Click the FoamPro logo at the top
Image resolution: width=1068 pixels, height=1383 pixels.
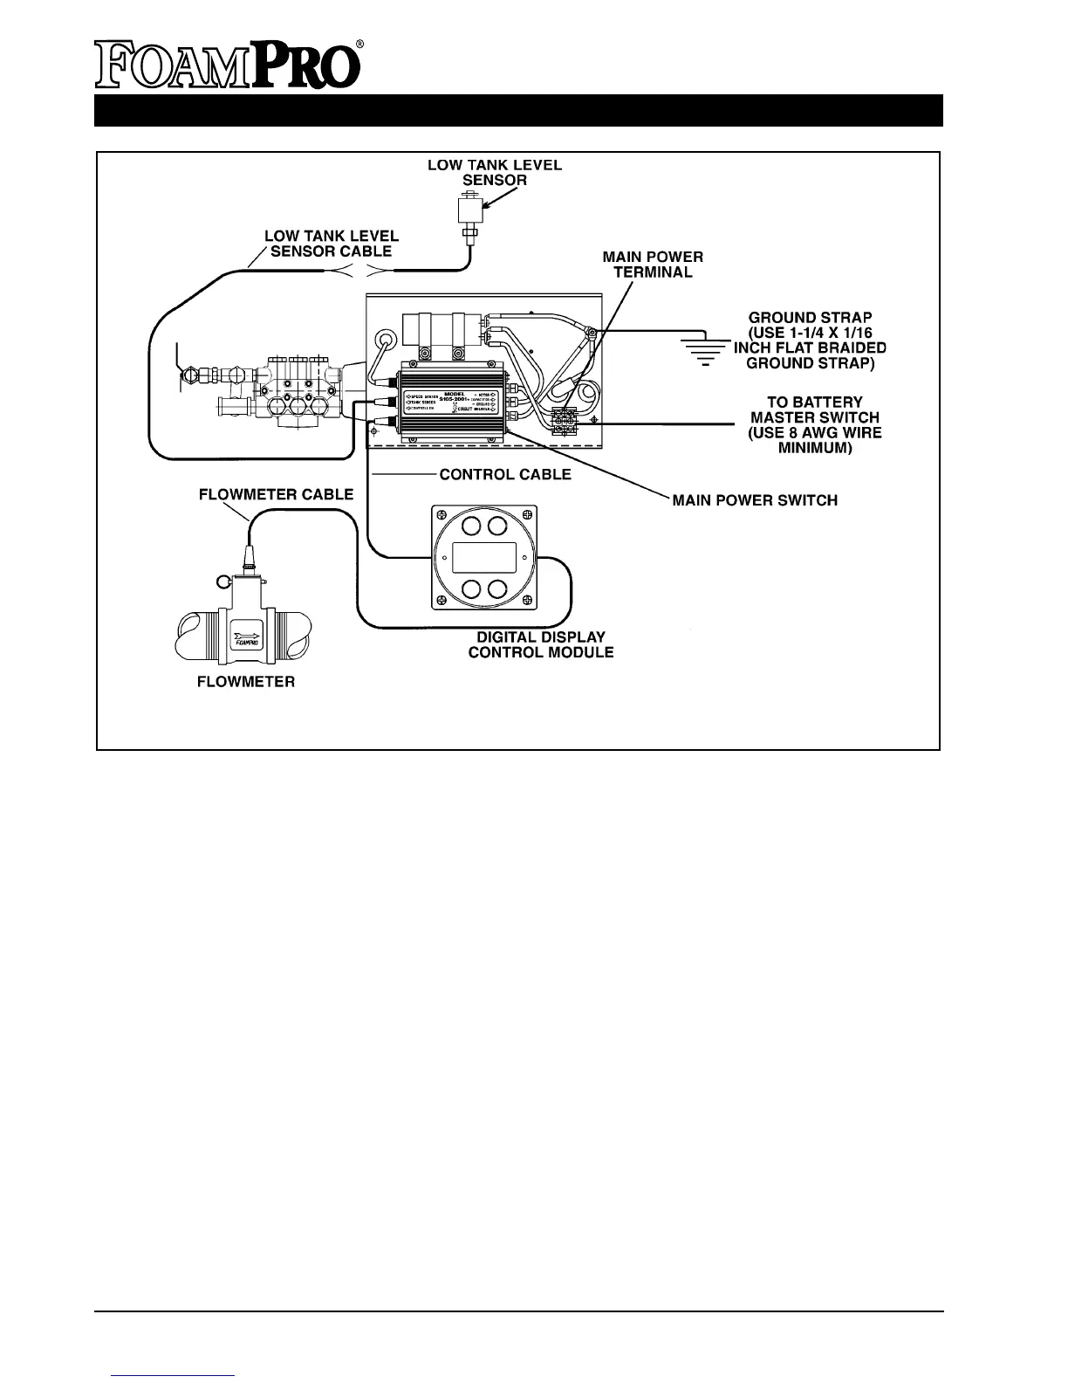coord(229,65)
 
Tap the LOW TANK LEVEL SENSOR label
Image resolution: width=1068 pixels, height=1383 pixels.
coord(494,172)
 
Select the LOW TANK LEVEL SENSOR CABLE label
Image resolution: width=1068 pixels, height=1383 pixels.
coord(332,244)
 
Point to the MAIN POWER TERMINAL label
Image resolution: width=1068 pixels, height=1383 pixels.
coord(653,265)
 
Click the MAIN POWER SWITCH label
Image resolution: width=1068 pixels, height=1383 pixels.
coord(755,500)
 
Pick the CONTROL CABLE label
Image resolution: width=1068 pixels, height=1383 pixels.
coord(505,474)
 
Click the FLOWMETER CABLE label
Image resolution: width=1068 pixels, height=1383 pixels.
coord(277,494)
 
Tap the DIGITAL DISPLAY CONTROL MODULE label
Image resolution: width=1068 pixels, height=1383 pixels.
coord(541,644)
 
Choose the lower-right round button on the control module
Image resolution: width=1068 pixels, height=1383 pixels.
coord(498,588)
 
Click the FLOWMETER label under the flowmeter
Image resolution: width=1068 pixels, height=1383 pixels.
coord(245,681)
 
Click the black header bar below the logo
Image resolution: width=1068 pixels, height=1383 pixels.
coord(518,110)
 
